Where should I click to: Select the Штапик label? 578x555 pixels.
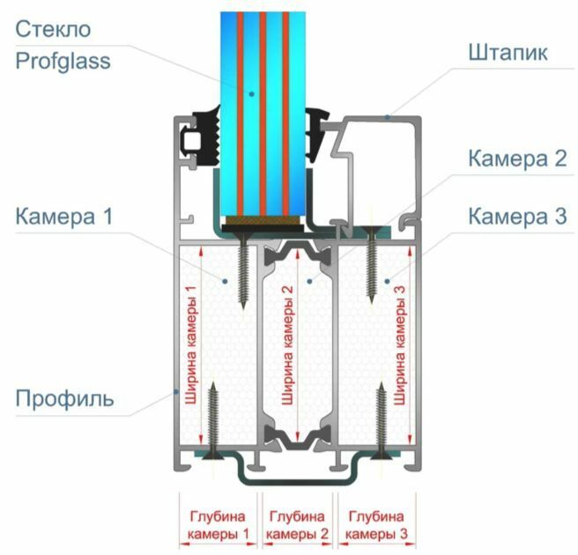click(508, 53)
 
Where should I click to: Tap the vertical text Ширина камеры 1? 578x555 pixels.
click(191, 347)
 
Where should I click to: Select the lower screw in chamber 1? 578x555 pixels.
click(212, 418)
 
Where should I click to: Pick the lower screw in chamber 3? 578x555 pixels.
click(382, 419)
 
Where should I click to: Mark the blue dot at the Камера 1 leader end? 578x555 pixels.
click(226, 280)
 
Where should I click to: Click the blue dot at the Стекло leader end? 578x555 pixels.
click(250, 92)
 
